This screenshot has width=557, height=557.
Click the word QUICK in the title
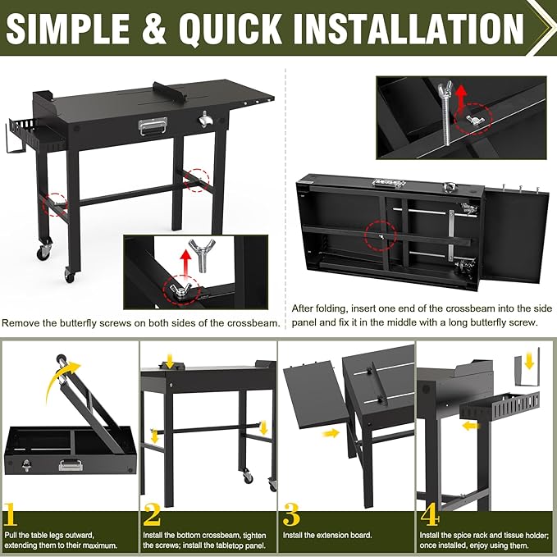[230, 28]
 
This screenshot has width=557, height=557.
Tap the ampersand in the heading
[154, 29]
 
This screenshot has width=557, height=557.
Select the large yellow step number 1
[10, 514]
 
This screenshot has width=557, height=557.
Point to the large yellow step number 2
[152, 514]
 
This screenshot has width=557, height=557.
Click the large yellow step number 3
[291, 514]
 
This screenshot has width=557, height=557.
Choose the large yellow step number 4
[430, 514]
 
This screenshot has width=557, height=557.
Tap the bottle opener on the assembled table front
[204, 119]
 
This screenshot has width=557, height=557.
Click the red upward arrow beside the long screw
[461, 98]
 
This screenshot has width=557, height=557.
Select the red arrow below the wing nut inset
[185, 262]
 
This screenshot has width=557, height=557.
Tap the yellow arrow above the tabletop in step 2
[170, 360]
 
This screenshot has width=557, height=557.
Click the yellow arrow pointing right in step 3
[331, 432]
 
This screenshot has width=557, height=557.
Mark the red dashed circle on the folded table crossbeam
[381, 236]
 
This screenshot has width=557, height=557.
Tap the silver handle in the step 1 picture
[71, 464]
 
